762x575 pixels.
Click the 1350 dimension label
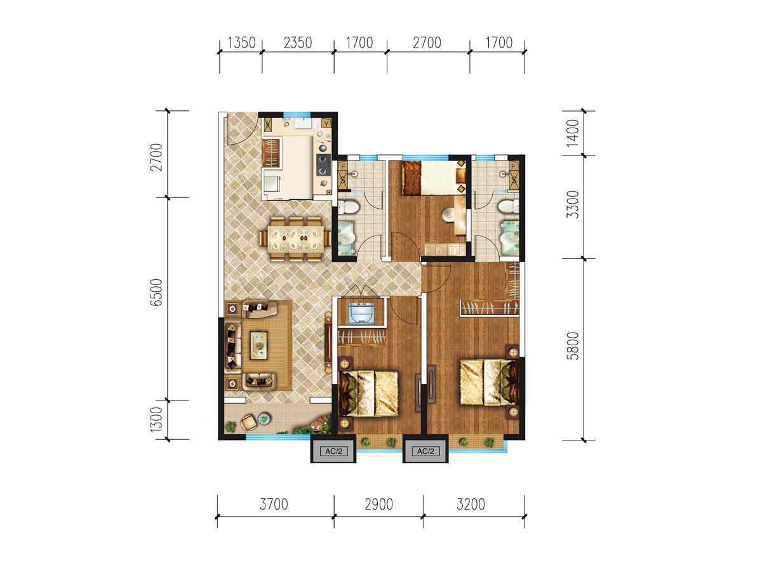(x=241, y=43)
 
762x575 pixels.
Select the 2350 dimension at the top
(x=298, y=43)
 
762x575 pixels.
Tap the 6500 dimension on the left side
(x=157, y=292)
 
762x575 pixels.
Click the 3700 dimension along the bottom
(x=274, y=505)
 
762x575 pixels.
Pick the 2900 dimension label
(x=378, y=505)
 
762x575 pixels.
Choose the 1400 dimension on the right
(x=573, y=133)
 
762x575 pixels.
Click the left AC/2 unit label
(x=333, y=451)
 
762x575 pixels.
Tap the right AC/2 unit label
(x=425, y=451)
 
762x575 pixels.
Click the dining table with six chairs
(x=295, y=239)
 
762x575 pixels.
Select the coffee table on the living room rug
(x=258, y=345)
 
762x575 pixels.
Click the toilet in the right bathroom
(x=507, y=206)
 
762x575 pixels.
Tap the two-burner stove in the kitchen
(x=323, y=165)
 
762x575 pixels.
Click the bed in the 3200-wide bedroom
(x=488, y=382)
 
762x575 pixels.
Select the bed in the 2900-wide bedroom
(x=368, y=393)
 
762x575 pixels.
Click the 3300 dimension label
(x=573, y=204)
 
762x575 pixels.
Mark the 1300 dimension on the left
(x=157, y=420)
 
